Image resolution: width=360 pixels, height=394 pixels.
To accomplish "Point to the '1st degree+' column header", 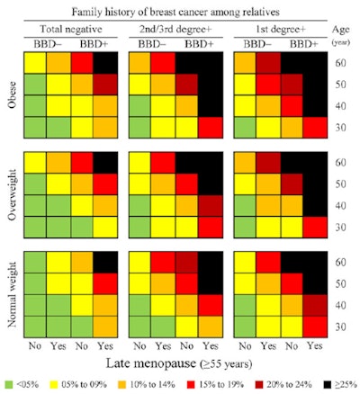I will click(x=283, y=28).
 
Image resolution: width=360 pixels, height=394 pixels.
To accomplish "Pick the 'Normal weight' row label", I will click(x=12, y=293).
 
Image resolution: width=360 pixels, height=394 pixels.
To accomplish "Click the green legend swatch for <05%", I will click(x=9, y=384).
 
